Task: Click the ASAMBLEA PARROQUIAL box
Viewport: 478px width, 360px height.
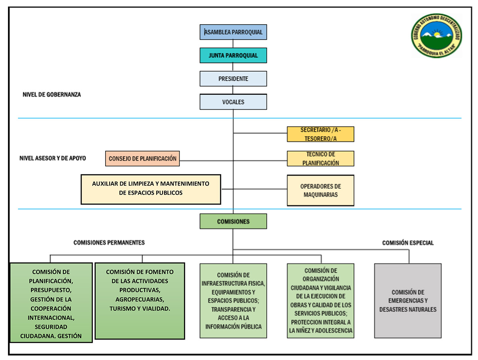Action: [x=233, y=32]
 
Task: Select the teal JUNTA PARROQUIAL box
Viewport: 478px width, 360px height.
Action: [x=233, y=55]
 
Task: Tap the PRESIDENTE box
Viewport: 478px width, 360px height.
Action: [x=233, y=79]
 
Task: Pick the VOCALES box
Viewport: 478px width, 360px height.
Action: [x=233, y=102]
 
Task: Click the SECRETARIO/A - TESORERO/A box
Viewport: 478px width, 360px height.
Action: [x=320, y=134]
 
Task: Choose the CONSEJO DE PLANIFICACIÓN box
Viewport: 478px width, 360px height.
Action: [x=143, y=158]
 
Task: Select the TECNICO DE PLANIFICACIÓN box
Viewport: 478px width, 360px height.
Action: [x=320, y=158]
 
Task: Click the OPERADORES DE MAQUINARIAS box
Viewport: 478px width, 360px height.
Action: [x=320, y=190]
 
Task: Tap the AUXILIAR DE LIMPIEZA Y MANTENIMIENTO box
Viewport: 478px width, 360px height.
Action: [x=151, y=189]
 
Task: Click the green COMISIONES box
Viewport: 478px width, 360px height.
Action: [x=233, y=221]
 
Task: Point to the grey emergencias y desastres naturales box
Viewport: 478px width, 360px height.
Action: [x=407, y=301]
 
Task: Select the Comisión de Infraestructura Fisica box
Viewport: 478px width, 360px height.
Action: [x=233, y=301]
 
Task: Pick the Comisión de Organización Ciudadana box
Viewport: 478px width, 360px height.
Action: [x=320, y=301]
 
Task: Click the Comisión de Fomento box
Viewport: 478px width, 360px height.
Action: [x=139, y=301]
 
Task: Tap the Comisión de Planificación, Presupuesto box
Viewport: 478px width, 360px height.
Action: [x=51, y=302]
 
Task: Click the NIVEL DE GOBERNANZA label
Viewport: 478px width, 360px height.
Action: [x=52, y=95]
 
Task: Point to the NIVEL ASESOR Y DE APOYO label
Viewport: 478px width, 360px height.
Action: [x=53, y=158]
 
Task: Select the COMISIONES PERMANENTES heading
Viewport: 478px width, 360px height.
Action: [x=109, y=243]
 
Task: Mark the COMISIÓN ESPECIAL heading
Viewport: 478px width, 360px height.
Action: [x=407, y=243]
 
